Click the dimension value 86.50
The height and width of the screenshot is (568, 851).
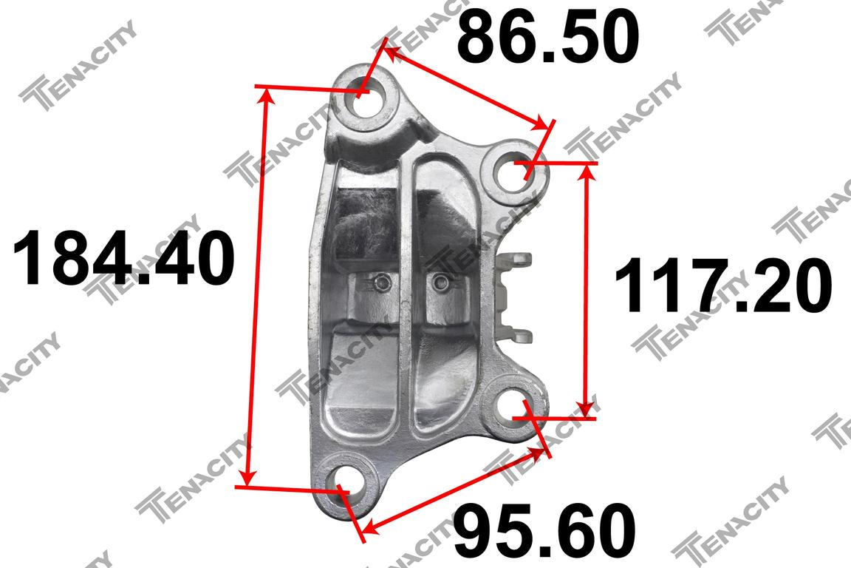[x=547, y=37]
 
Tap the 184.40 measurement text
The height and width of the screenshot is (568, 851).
[x=123, y=257]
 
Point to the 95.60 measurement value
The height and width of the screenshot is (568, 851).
[x=544, y=530]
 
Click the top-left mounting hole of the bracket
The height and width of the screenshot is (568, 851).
[x=365, y=98]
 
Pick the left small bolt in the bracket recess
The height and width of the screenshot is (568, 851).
[x=382, y=282]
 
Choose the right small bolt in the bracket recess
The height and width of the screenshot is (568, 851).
[x=440, y=281]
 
